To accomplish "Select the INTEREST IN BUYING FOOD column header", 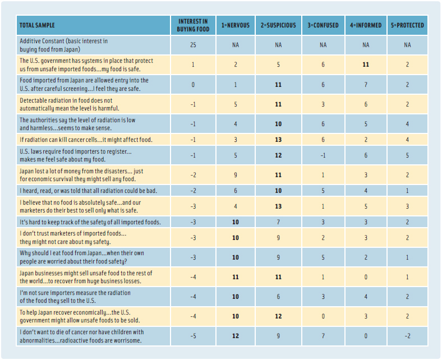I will tap(193, 26).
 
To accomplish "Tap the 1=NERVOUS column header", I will tap(235, 26).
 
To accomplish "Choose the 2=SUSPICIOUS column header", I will tap(278, 26).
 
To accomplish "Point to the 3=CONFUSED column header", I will tap(322, 26).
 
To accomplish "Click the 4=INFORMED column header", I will tap(366, 26).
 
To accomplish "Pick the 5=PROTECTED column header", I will tap(407, 26).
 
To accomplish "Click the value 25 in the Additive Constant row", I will tap(193, 45).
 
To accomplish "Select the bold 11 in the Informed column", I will tap(366, 64).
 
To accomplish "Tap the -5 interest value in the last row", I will tap(193, 336).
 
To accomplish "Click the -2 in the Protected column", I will tap(407, 336).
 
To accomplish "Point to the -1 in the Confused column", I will tap(322, 155).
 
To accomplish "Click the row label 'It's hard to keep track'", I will tap(90, 222).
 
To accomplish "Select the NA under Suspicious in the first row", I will tap(278, 45).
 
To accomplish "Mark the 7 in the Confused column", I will tap(322, 336).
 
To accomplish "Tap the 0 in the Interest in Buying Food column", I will tap(193, 85).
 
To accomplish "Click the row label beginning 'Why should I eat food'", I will tap(82, 257).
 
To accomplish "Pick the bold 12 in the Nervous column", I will tap(235, 336).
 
